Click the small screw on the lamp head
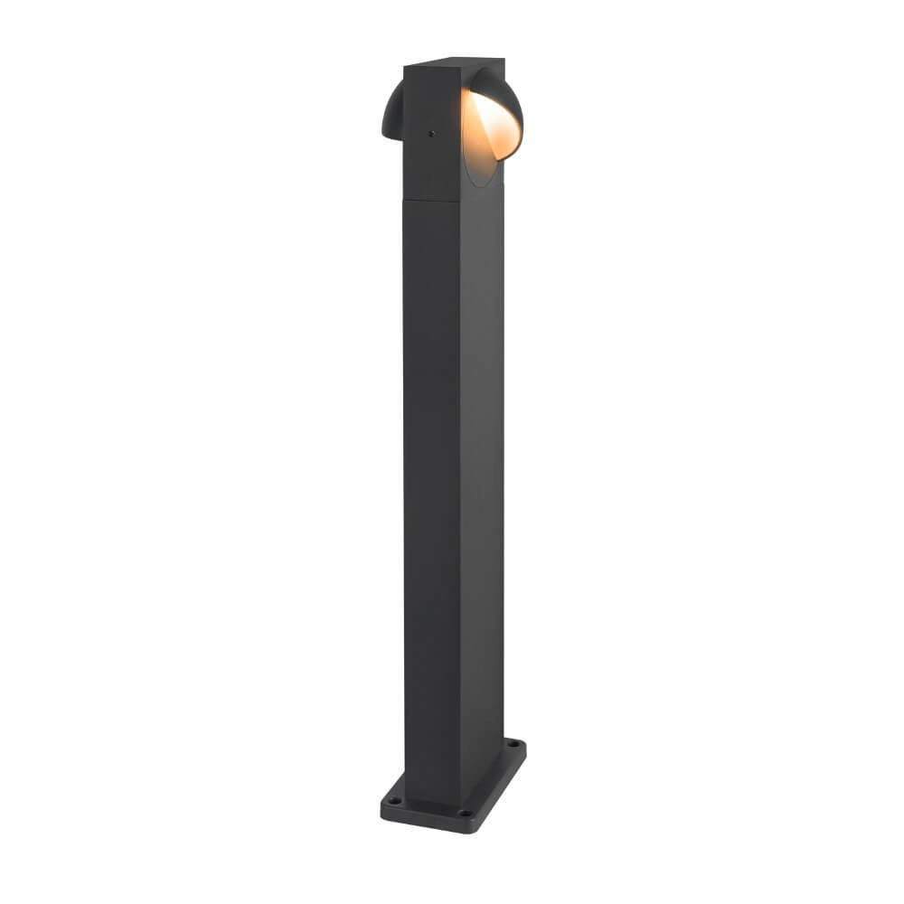coord(431,133)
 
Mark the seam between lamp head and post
coord(452,201)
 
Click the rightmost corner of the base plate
coord(525,743)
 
